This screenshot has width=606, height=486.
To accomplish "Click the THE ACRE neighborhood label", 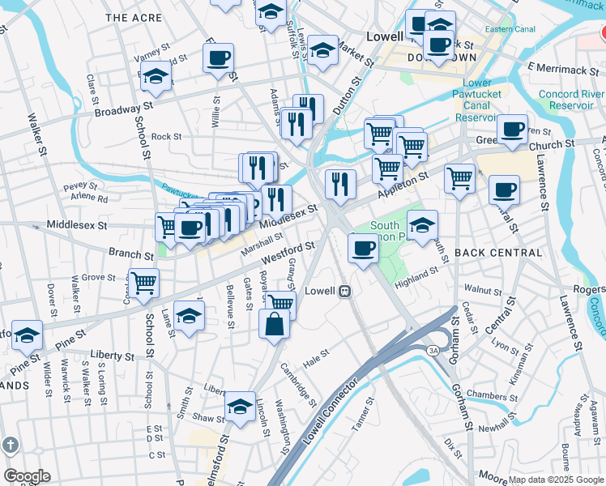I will click(128, 17).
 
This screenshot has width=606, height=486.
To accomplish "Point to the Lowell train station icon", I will click(344, 291).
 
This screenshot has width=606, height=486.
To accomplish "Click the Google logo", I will click(27, 476).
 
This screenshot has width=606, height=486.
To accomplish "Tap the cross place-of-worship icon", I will click(10, 446).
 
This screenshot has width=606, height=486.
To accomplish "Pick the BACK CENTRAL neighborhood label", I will click(498, 253).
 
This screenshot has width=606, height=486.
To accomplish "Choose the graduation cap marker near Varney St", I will click(156, 77).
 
